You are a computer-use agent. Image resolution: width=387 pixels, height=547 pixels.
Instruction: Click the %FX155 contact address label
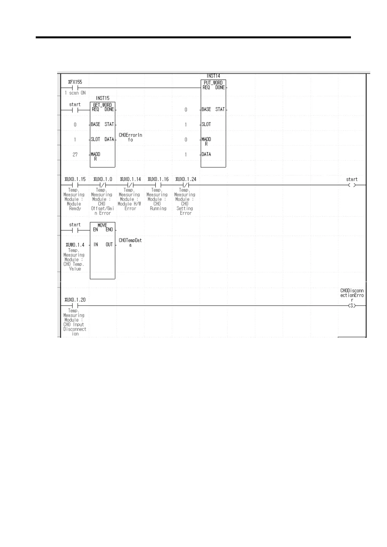(75, 82)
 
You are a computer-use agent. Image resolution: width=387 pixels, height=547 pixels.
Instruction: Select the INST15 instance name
(102, 98)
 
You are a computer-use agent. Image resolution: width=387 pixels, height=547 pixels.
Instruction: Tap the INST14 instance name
(213, 76)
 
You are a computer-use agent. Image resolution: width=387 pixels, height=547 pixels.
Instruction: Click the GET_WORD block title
(102, 105)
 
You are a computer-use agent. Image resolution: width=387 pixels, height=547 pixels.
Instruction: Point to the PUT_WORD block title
(213, 83)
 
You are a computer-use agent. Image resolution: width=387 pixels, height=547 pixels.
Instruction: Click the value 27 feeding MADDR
(75, 155)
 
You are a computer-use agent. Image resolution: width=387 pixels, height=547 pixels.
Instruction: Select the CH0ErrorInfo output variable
(130, 137)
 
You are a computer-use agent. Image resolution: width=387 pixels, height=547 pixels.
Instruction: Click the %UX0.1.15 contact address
(75, 179)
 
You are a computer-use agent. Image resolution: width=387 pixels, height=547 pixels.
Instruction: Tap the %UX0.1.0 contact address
(103, 179)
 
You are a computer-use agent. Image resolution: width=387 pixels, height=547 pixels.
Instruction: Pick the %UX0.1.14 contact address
(130, 179)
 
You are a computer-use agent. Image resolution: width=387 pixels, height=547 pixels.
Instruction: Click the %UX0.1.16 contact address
(158, 179)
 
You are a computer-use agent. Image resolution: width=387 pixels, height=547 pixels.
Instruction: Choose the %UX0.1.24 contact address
(186, 179)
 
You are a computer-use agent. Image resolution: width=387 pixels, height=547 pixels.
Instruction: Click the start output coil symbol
(352, 185)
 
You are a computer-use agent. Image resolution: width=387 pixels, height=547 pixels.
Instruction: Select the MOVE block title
(102, 225)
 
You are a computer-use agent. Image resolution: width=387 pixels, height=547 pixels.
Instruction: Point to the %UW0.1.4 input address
(75, 245)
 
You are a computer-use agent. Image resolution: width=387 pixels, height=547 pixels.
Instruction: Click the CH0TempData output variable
(130, 243)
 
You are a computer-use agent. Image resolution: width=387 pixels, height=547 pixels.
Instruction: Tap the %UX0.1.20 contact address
(75, 300)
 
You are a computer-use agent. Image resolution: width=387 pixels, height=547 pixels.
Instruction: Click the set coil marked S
(352, 306)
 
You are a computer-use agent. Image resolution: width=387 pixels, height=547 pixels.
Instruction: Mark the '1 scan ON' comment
(75, 93)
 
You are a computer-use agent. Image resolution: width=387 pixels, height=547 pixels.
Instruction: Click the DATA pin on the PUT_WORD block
(206, 154)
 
